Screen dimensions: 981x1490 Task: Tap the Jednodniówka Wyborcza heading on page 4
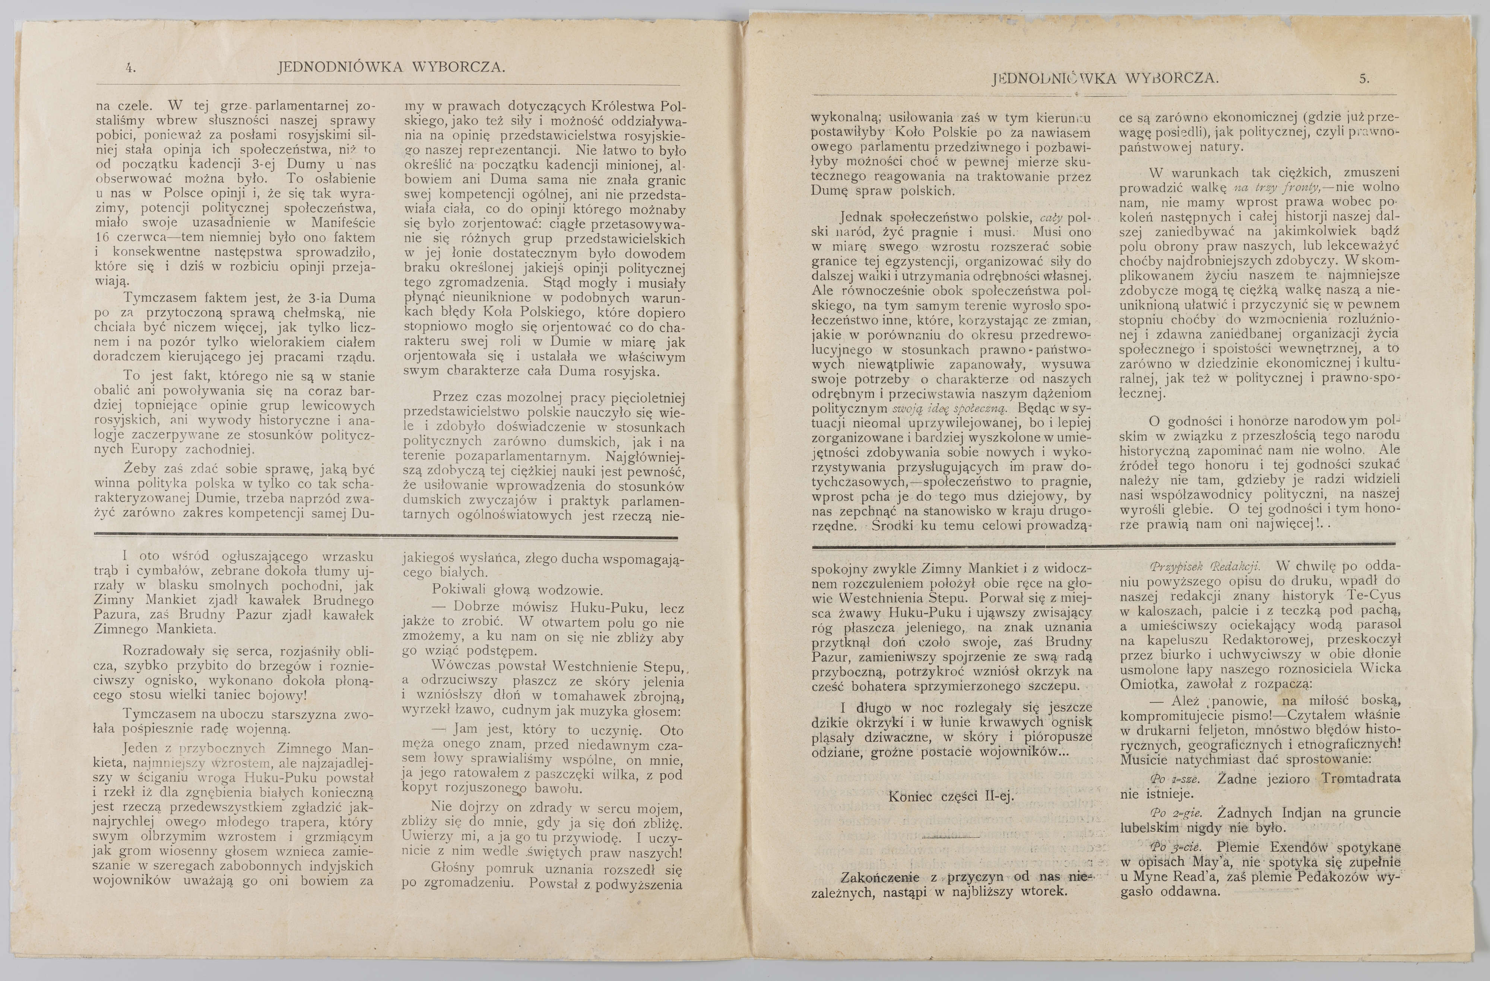(391, 67)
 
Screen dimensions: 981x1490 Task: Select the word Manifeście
(343, 222)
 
